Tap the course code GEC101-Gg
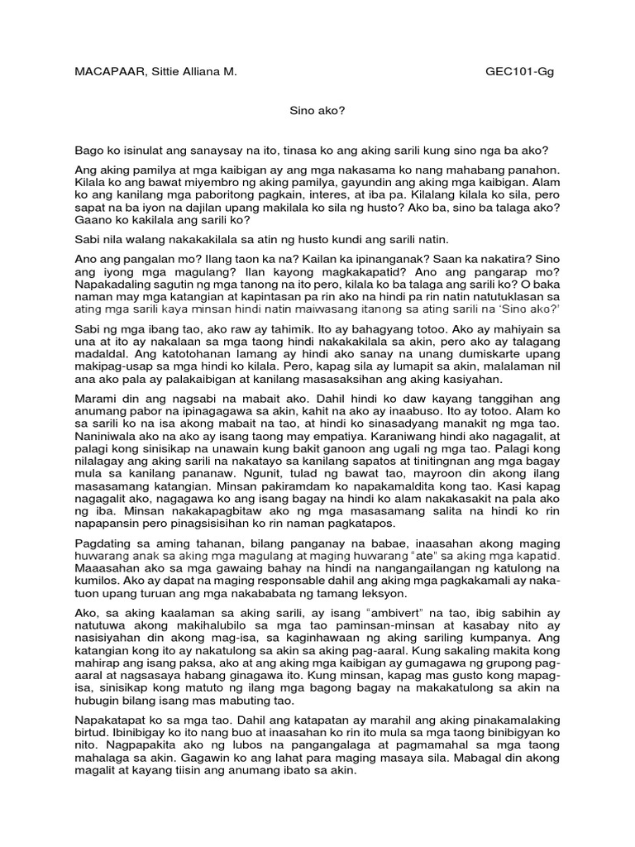520,72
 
